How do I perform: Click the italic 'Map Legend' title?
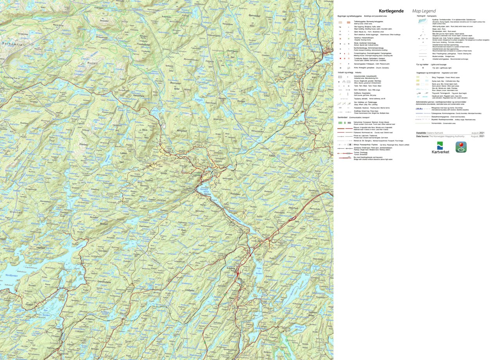click(424, 11)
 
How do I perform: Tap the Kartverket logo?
click(440, 148)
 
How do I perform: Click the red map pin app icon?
click(461, 147)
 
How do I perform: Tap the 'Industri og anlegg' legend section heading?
click(345, 72)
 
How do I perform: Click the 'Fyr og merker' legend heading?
click(423, 64)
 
